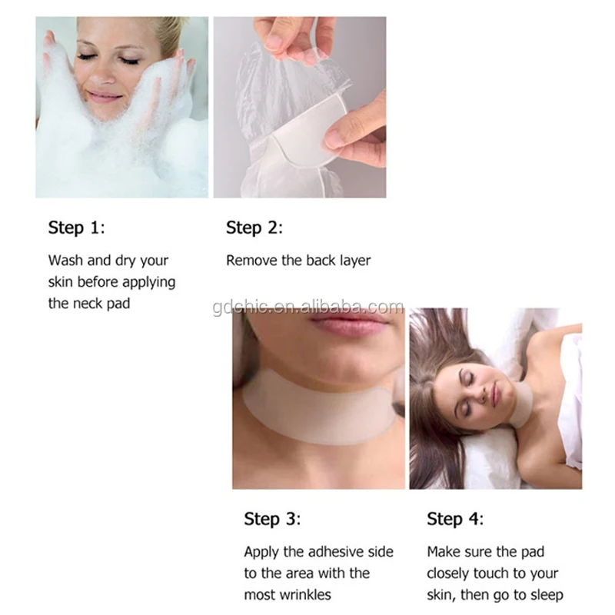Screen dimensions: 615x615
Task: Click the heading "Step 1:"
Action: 76,228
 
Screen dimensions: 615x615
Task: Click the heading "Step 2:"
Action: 254,228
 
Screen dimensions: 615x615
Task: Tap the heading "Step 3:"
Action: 272,519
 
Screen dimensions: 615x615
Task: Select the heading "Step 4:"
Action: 455,519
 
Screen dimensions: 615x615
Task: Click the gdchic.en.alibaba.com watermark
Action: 308,307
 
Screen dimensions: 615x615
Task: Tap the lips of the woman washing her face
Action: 105,95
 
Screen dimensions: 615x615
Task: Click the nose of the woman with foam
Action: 103,75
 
